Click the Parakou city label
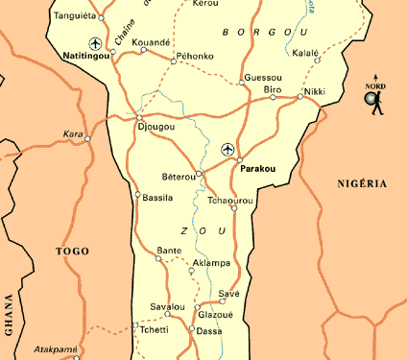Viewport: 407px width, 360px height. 258,168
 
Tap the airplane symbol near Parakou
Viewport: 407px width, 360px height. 227,149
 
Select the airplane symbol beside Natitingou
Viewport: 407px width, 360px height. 94,43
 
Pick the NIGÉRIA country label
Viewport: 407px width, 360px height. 362,182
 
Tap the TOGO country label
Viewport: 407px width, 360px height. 73,252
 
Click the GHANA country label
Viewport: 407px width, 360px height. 10,312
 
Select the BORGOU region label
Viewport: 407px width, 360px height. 251,32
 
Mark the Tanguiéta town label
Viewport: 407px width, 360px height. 75,16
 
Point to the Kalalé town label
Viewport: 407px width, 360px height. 305,52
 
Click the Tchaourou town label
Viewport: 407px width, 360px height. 230,200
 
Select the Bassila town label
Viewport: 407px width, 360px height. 157,198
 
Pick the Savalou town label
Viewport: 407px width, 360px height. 167,305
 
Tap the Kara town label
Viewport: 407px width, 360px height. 73,132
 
